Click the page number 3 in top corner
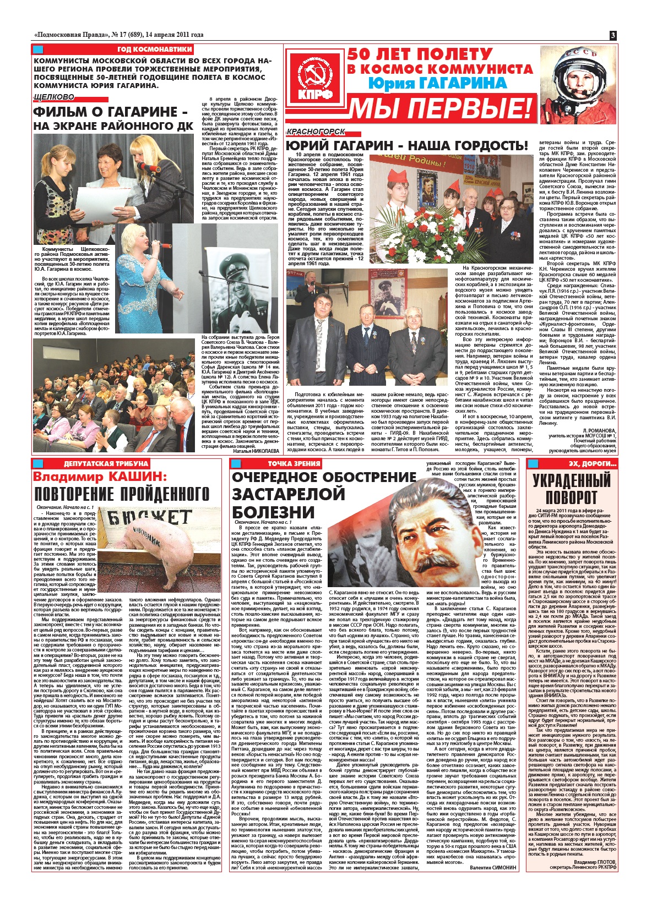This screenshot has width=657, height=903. click(x=613, y=35)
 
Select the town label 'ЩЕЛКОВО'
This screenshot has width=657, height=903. click(x=54, y=97)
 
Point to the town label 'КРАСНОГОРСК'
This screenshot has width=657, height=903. click(x=316, y=132)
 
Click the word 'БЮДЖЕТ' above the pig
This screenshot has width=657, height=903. click(x=148, y=517)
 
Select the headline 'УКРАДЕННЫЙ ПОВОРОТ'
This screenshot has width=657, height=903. click(x=571, y=488)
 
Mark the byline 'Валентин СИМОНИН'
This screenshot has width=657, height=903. click(x=493, y=867)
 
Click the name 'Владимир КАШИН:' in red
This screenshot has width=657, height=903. click(x=99, y=476)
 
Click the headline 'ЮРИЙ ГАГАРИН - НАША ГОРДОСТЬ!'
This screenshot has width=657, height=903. click(x=406, y=146)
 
